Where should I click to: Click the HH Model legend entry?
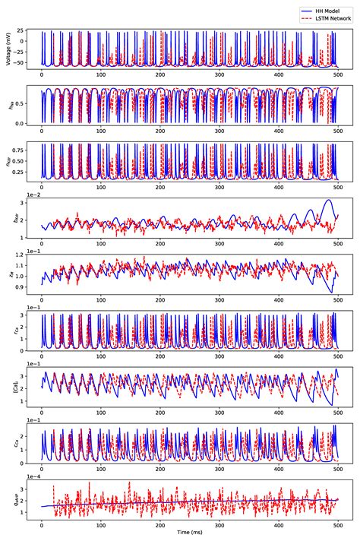(327, 5)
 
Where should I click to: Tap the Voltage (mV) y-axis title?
(9, 48)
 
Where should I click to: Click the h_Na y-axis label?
(9, 106)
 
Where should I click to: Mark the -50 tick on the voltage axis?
(20, 63)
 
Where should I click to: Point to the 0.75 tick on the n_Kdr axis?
(19, 147)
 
